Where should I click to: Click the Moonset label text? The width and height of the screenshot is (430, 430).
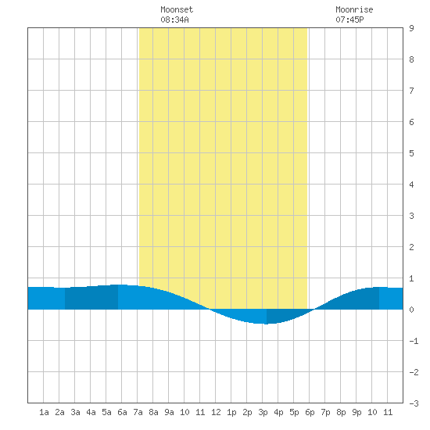[x=177, y=9]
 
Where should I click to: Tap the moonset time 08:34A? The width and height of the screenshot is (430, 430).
[x=174, y=20]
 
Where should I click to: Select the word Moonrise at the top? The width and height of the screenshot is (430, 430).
[x=354, y=9]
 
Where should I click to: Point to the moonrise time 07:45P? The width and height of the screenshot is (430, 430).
[x=349, y=20]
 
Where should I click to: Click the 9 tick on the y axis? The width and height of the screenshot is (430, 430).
[x=411, y=28]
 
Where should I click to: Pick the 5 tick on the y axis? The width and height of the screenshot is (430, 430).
[x=411, y=153]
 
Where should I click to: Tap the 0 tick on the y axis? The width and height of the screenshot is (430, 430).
[x=411, y=310]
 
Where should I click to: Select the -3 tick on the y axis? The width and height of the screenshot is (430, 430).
[x=414, y=403]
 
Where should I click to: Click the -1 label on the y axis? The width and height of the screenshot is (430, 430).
[x=414, y=341]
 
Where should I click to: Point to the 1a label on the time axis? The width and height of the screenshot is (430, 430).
[x=44, y=412]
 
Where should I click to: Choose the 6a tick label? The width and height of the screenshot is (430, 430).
[x=122, y=412]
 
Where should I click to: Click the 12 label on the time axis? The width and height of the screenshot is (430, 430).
[x=216, y=412]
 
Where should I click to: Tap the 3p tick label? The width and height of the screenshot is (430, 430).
[x=263, y=412]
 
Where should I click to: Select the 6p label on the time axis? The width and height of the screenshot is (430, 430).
[x=310, y=412]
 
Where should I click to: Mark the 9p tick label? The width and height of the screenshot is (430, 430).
[x=357, y=412]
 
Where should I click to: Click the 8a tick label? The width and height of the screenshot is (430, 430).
[x=153, y=412]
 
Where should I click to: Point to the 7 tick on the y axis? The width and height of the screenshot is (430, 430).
[x=411, y=91]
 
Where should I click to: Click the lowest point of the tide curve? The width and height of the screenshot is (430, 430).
[x=266, y=324]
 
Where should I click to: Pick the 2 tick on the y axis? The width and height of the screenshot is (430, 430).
[x=411, y=247]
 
